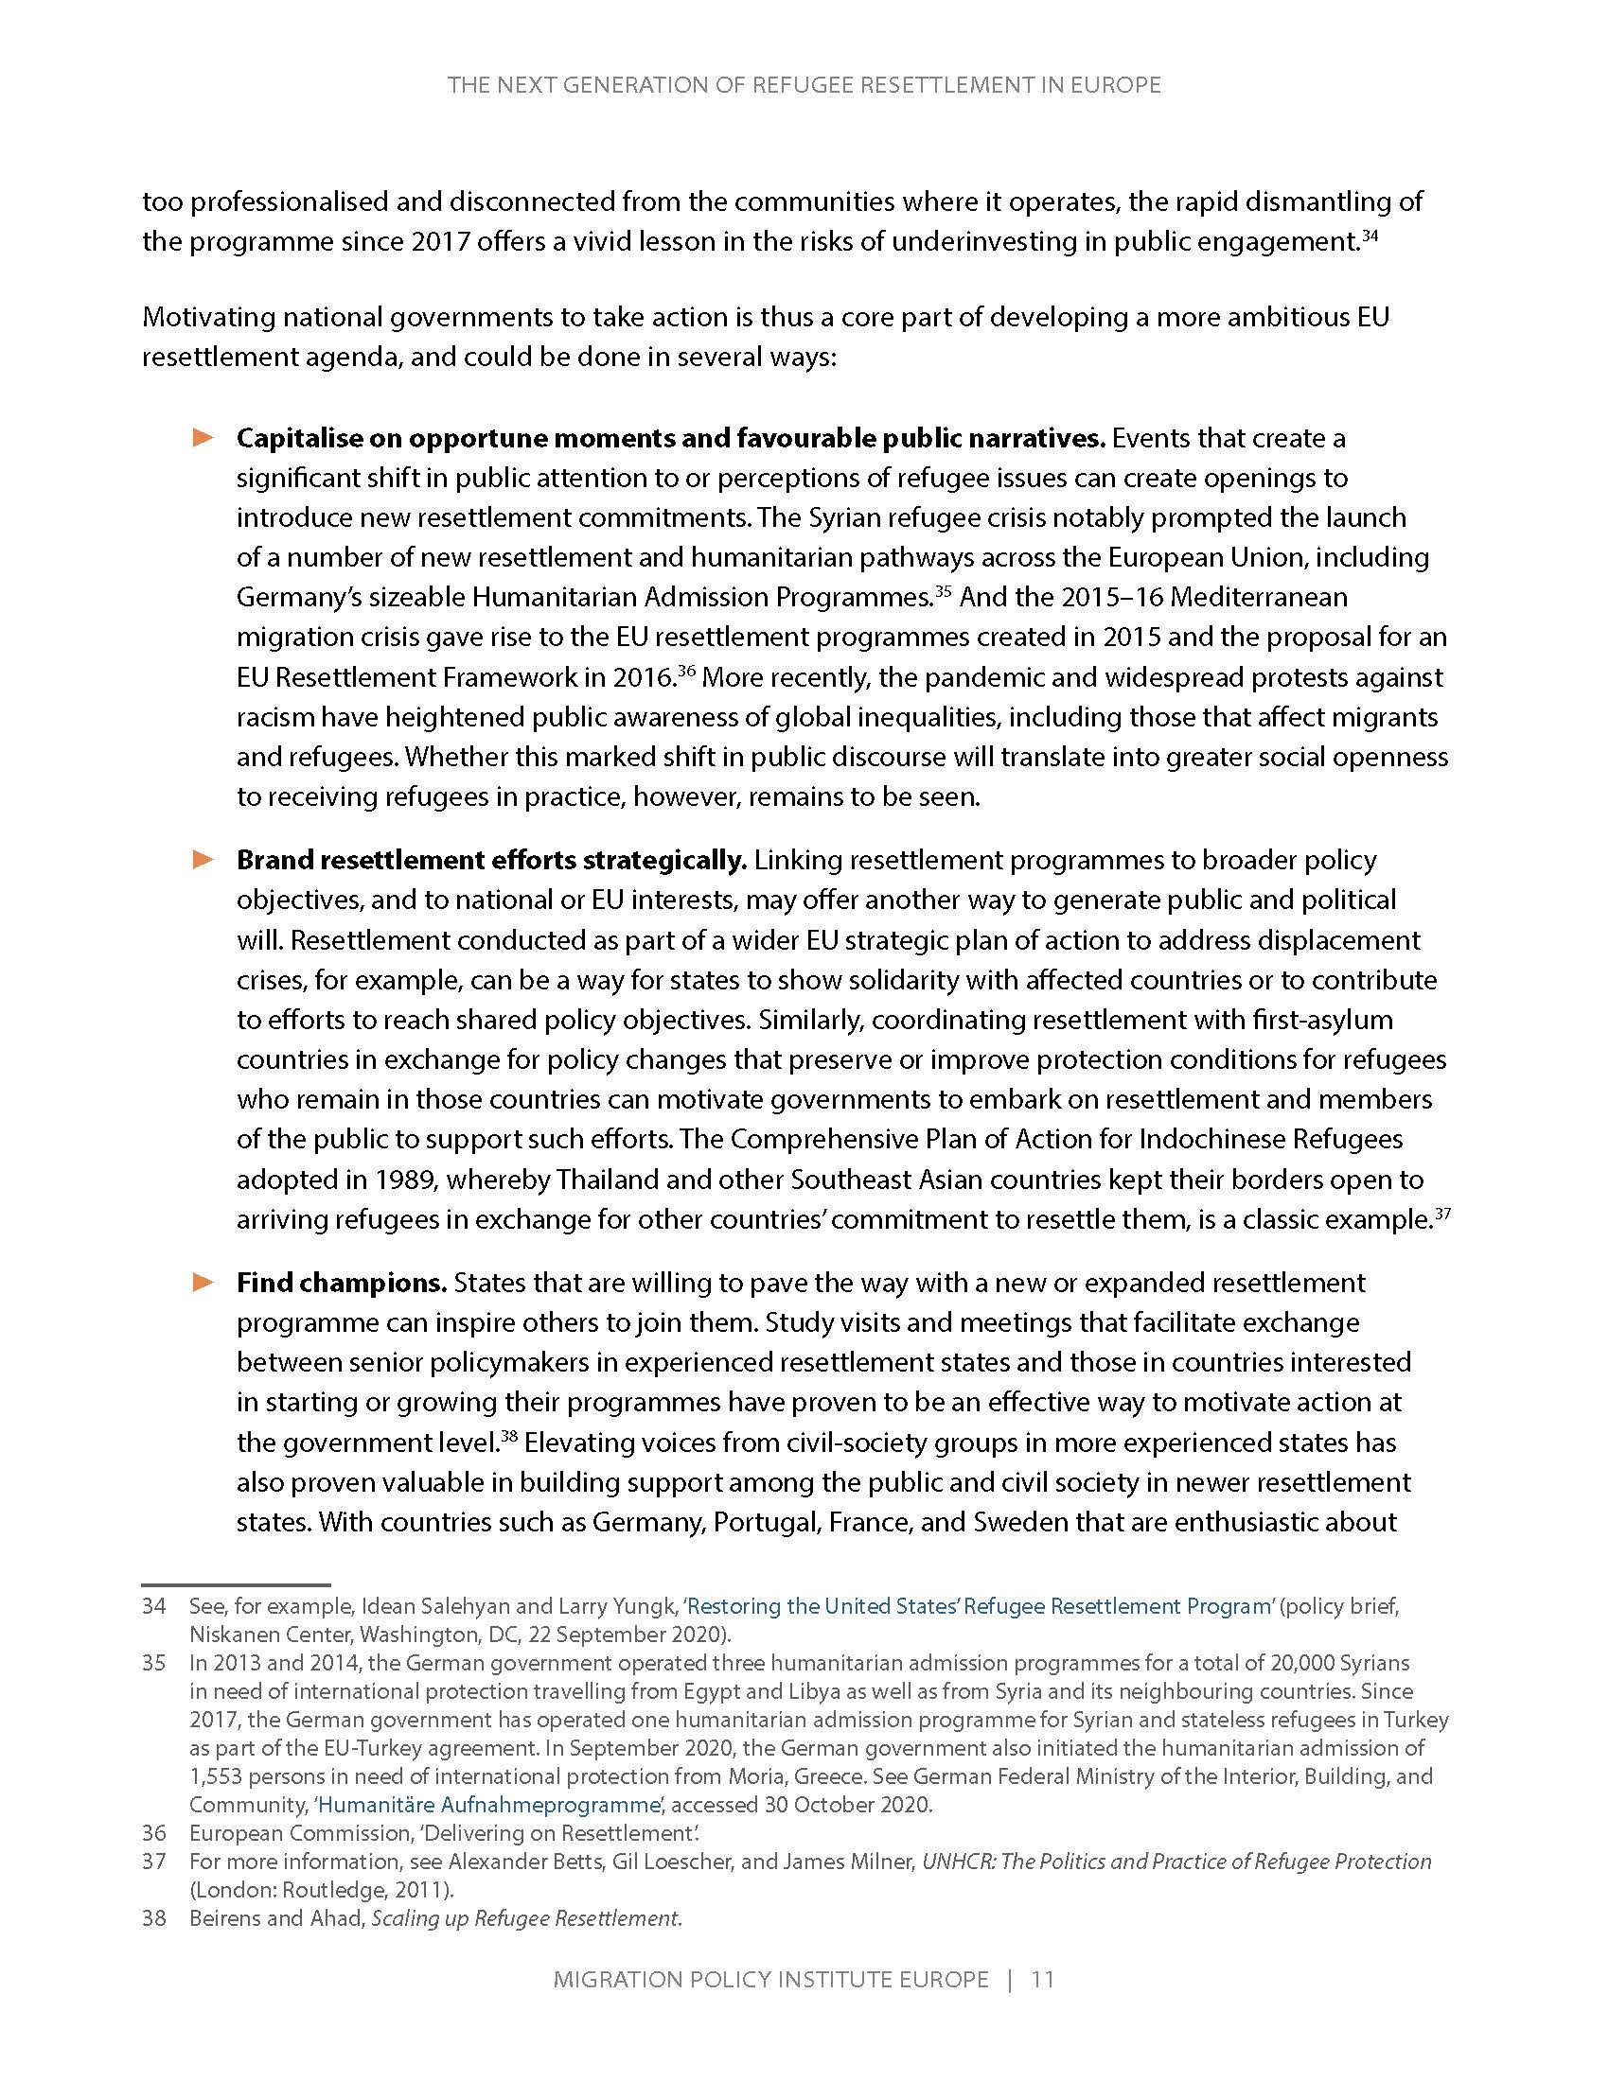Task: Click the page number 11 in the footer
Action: tap(1043, 1979)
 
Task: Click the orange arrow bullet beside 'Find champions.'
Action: tap(203, 1283)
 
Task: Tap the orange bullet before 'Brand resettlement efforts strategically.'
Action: tap(203, 860)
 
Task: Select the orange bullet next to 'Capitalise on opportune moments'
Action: tap(203, 437)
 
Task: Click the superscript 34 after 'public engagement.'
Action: tap(1370, 236)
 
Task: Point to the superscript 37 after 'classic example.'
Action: tap(1442, 1213)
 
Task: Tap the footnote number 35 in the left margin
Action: tap(154, 1663)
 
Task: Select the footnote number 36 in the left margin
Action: tap(154, 1832)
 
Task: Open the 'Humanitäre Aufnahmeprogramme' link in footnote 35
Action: tap(489, 1804)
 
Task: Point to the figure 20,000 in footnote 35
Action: tap(1302, 1663)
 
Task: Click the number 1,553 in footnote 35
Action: tap(217, 1776)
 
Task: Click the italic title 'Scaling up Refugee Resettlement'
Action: tap(525, 1917)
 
